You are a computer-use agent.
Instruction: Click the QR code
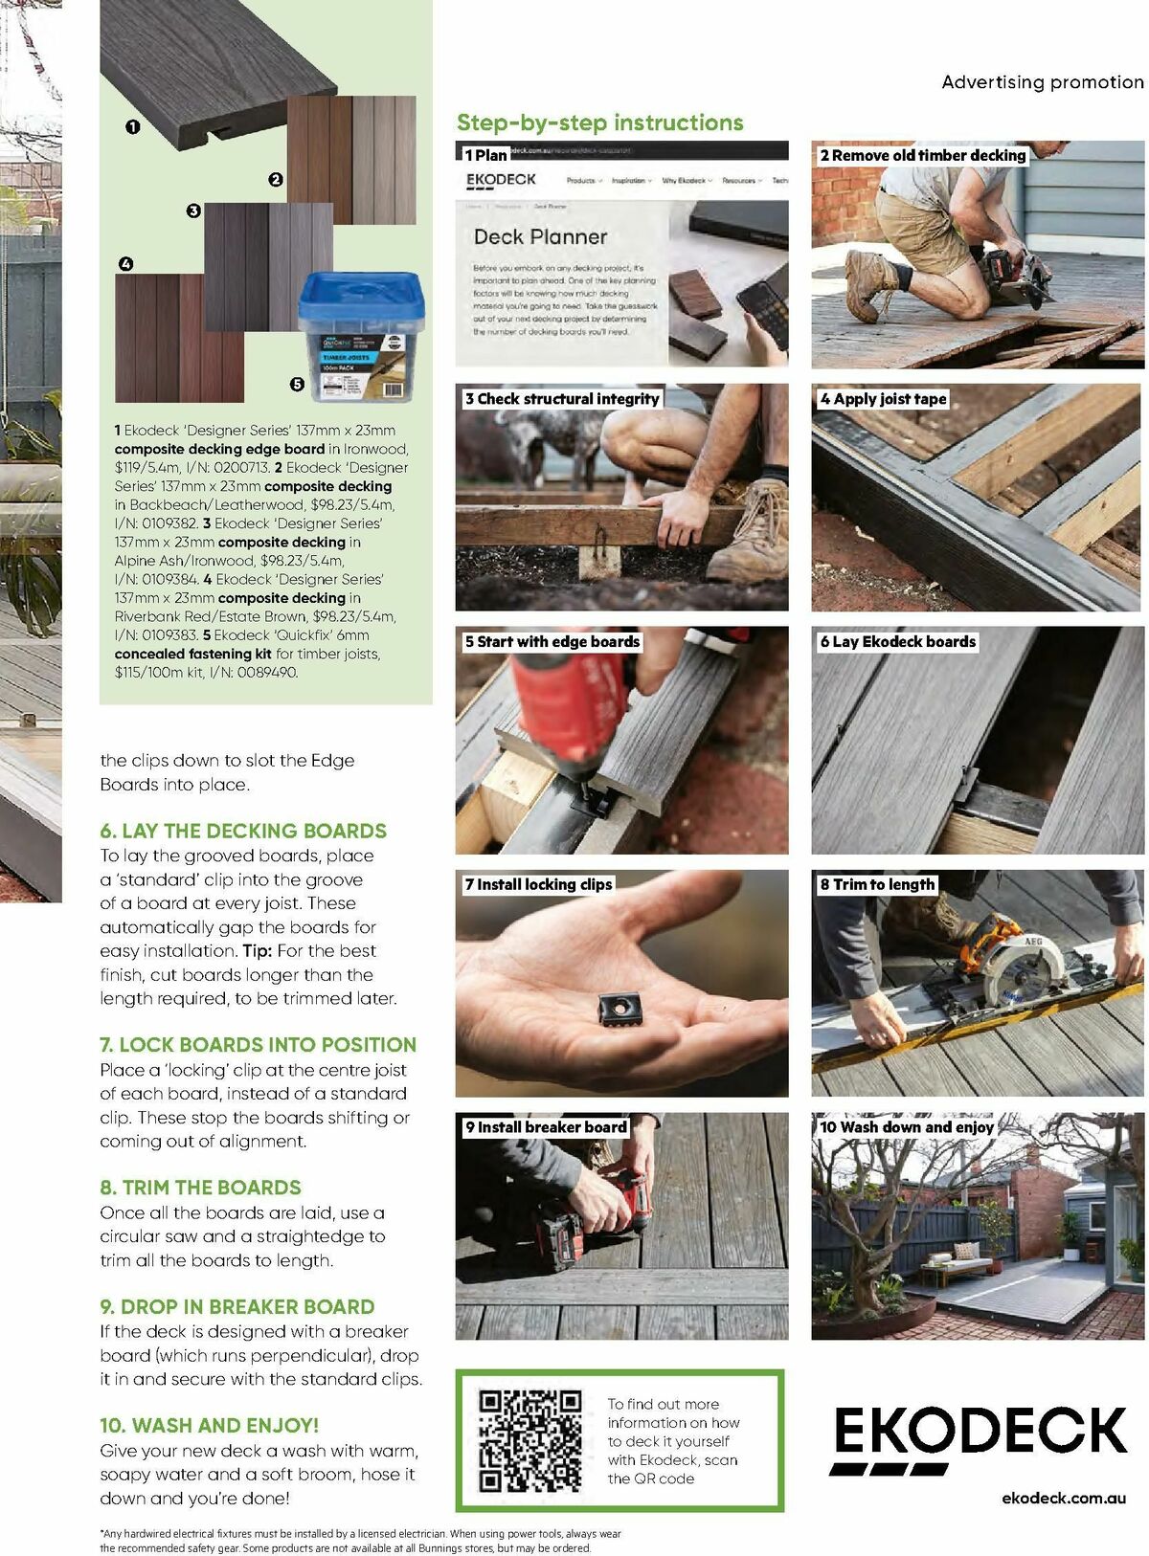coord(529,1440)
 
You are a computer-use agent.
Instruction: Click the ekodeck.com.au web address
coord(1063,1498)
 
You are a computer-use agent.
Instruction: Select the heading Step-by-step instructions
coord(599,122)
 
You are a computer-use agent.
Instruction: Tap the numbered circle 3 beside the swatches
coord(193,211)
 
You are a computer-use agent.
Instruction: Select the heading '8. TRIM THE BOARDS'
coord(200,1188)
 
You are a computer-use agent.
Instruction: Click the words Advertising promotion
coord(1042,82)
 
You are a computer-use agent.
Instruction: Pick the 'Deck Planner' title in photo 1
coord(540,236)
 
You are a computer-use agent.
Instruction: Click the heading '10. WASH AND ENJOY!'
coord(209,1425)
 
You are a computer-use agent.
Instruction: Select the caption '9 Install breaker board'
coord(545,1127)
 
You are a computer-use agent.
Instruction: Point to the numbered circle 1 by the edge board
coord(133,126)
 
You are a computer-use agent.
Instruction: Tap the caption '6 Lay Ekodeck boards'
coord(897,642)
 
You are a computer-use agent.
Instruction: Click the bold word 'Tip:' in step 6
coord(257,950)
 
